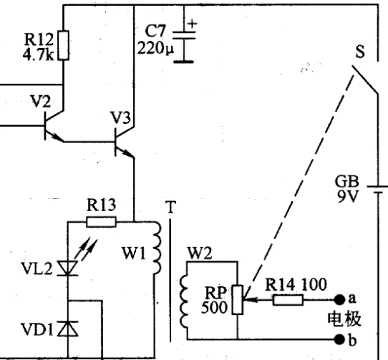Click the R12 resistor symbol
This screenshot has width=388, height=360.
point(63,45)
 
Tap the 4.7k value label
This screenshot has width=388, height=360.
point(38,55)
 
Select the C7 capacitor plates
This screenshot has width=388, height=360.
point(184,35)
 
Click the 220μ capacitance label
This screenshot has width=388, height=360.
point(155,48)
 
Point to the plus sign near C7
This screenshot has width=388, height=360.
point(192,24)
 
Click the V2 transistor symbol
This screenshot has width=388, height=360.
point(54,126)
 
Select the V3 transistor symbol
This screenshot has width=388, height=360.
point(125,142)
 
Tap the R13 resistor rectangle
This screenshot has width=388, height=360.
point(101,222)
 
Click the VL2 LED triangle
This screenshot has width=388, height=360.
point(67,268)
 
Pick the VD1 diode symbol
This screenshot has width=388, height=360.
point(67,329)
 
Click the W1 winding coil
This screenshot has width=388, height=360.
point(157,248)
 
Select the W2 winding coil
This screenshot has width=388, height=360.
point(183,302)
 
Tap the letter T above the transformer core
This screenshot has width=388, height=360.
point(170,207)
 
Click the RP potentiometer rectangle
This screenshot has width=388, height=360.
point(237,300)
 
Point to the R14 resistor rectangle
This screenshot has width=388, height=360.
point(288,300)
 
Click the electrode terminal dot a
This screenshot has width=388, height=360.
point(339,300)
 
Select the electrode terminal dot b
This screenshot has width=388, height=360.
point(339,339)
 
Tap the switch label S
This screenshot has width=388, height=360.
point(360,52)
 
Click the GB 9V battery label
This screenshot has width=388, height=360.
point(347,189)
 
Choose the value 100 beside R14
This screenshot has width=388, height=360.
point(314,285)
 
